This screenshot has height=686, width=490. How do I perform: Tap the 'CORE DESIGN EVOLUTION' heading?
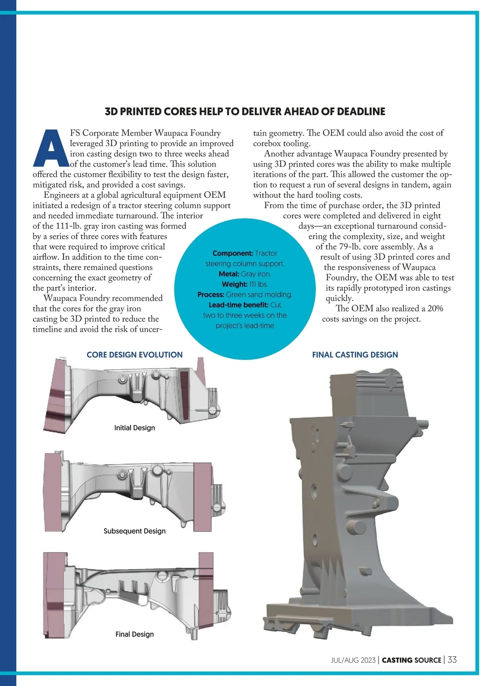134,355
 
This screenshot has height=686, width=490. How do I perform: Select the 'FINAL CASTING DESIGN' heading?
355,355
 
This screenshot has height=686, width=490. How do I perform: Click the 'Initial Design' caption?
134,428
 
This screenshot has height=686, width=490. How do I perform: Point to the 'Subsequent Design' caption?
134,531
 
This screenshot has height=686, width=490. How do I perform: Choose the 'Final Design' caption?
134,634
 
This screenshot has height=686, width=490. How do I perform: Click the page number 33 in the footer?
452,660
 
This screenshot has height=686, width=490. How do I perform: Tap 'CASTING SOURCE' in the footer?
412,660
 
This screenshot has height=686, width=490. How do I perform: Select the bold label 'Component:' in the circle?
233,254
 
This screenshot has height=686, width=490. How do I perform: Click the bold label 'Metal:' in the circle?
229,274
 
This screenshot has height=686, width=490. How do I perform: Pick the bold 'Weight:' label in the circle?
234,284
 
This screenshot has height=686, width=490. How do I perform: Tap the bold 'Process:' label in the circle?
211,295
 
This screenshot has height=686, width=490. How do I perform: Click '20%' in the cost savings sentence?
435,309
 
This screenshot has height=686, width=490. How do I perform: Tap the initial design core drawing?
131,392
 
